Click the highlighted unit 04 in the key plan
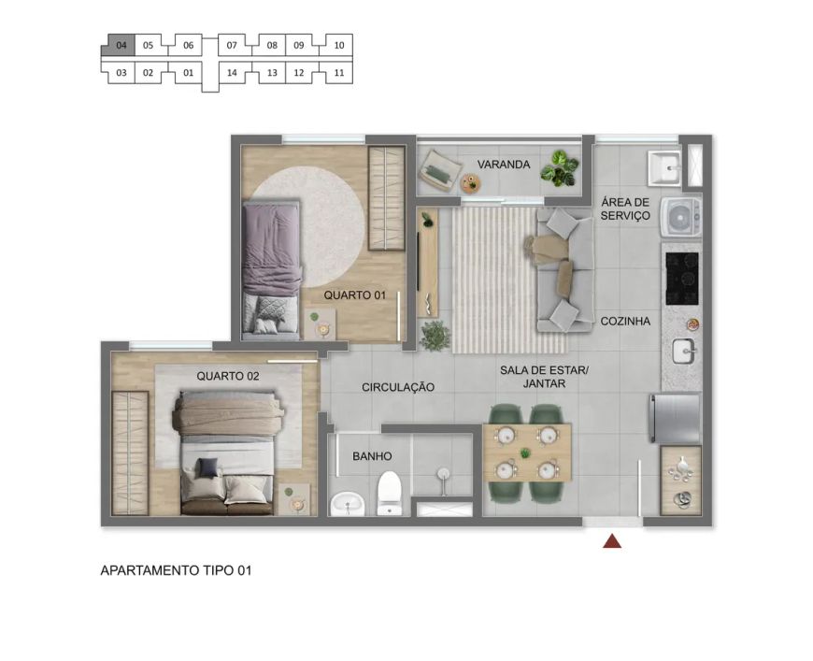tap(121, 45)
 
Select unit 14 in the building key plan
tap(232, 73)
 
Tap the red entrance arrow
tap(612, 541)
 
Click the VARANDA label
tap(504, 165)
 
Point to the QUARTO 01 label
tap(355, 295)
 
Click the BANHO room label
tap(372, 456)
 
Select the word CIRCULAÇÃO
tap(398, 387)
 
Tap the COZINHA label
tap(625, 322)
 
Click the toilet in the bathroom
tap(390, 493)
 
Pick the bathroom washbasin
tap(347, 503)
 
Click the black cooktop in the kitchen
tap(682, 278)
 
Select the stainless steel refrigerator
tap(675, 419)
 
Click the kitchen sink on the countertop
tap(683, 352)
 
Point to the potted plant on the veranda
tap(560, 168)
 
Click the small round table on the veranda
tap(471, 182)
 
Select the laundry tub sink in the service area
tap(664, 168)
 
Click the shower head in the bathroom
tap(443, 474)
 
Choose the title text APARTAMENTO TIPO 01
tap(176, 570)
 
